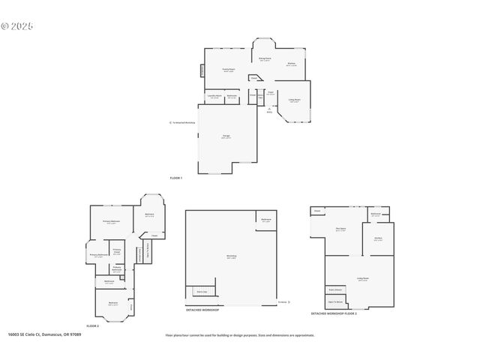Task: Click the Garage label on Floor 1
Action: click(226, 136)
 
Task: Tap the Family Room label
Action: click(229, 70)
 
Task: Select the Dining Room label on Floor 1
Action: click(265, 58)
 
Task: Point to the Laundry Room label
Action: click(214, 96)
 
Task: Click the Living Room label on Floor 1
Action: click(294, 100)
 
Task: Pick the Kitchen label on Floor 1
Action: click(291, 64)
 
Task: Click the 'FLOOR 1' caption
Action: click(175, 178)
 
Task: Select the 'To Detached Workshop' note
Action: click(184, 122)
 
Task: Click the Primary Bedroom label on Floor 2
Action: click(111, 222)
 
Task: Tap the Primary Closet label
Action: click(117, 252)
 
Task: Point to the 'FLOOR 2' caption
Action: click(92, 326)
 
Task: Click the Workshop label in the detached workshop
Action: click(231, 257)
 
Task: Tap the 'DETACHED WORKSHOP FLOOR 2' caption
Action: click(334, 313)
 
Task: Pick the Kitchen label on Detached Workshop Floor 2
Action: click(379, 239)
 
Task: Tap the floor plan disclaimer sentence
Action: click(240, 335)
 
